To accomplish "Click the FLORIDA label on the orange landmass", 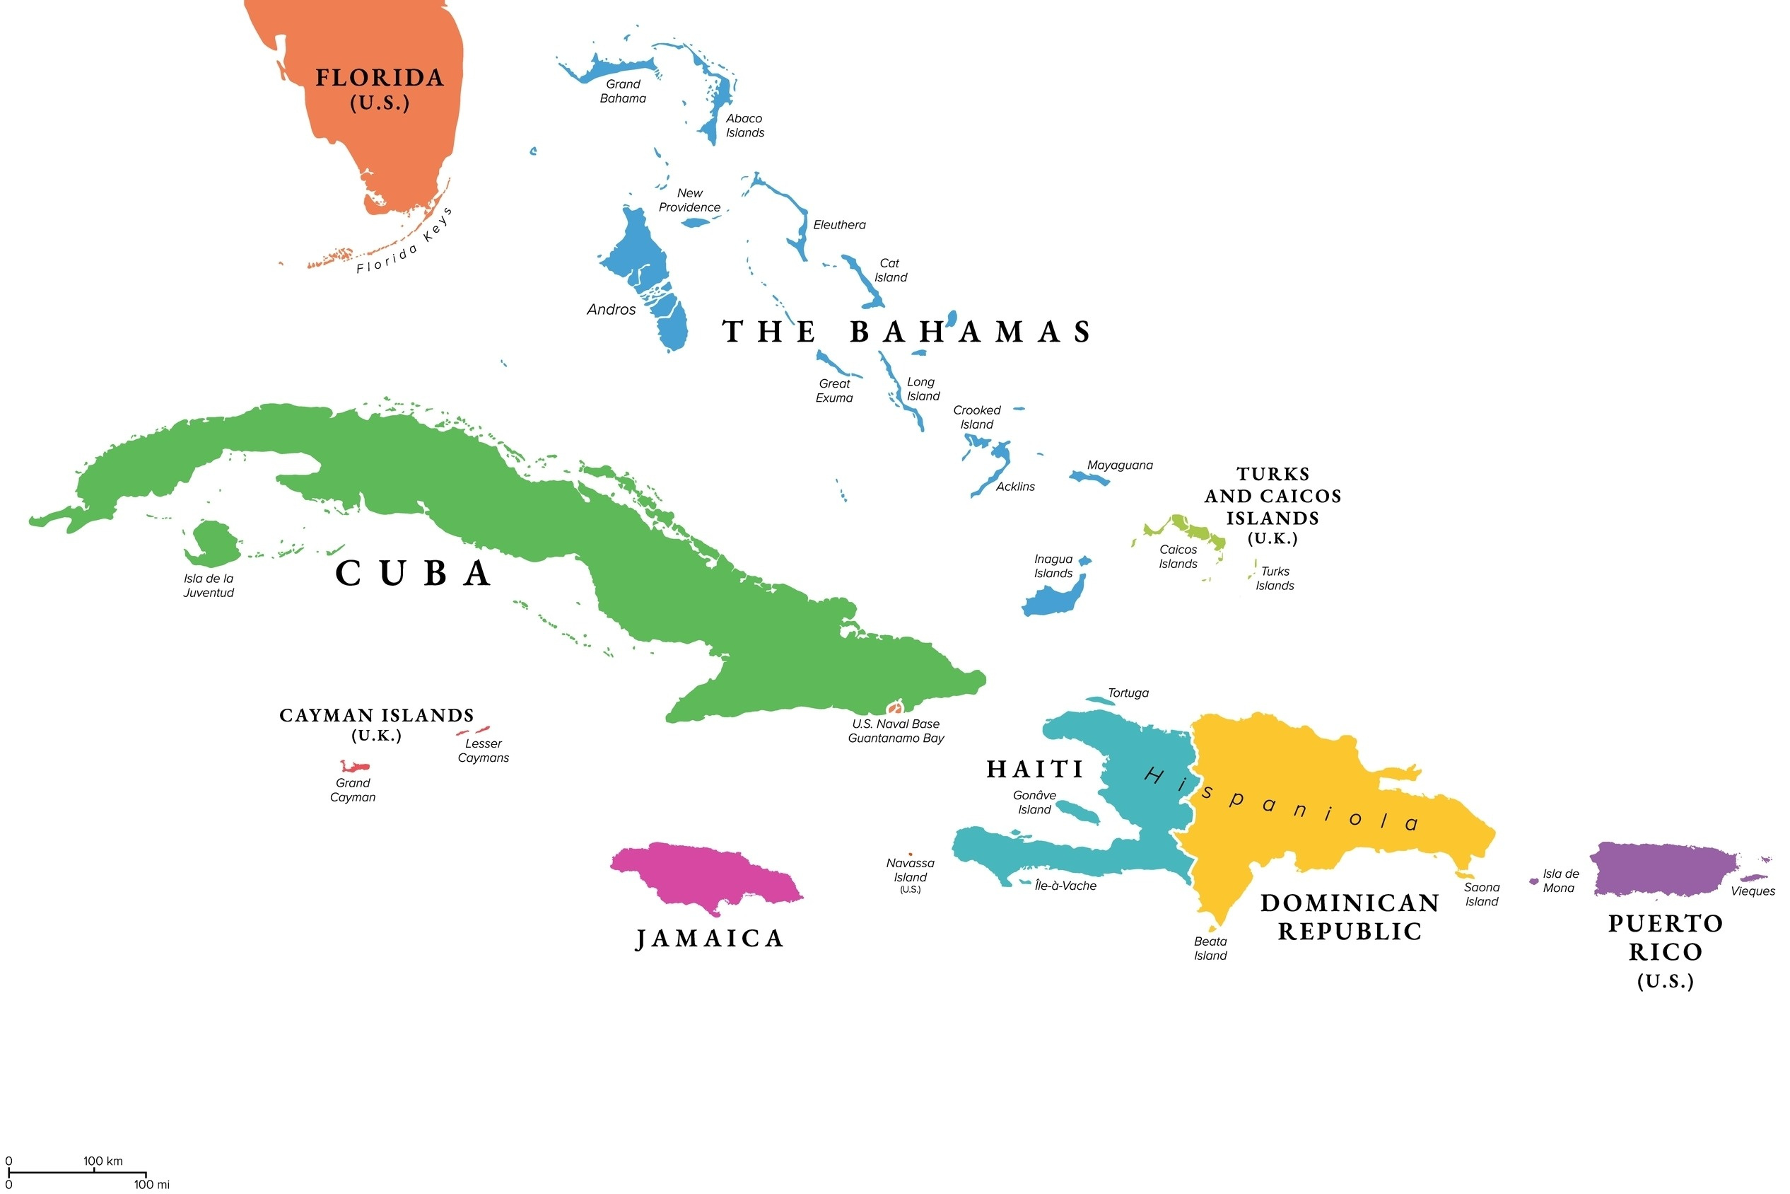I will pos(380,78).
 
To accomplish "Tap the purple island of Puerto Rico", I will pos(1663,870).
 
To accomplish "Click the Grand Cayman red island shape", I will pos(355,767).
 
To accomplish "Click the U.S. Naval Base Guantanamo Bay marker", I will pos(894,709).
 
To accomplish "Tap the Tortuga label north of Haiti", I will pos(1128,693).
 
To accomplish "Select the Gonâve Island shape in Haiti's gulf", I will pos(1078,812).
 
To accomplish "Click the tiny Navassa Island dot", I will pos(911,854).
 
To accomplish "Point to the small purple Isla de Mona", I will pos(1533,882).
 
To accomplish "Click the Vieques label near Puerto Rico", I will pos(1753,891).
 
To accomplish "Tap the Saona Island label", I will pos(1481,894).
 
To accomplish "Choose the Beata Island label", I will pos(1210,948).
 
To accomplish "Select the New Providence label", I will pos(689,200).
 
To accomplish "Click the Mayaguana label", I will pos(1120,465).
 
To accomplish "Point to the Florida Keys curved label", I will pos(405,241).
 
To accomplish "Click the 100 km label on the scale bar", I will pos(103,1161).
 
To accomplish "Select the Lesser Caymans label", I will pos(484,750).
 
